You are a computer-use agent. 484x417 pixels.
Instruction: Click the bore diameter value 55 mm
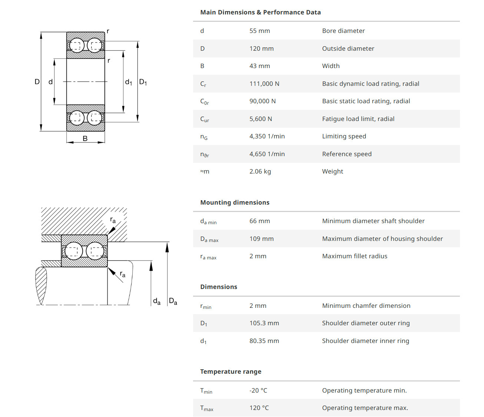tap(259, 31)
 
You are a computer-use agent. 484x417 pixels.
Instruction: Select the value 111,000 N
tap(264, 84)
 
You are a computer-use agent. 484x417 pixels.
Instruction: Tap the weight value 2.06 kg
tap(260, 171)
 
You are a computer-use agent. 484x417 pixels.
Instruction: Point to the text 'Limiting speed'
tap(344, 136)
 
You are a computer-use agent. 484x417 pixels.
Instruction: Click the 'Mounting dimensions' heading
tap(235, 202)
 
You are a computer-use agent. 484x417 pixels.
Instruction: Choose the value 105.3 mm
tap(264, 323)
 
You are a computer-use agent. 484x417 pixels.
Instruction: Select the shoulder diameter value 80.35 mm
tap(264, 341)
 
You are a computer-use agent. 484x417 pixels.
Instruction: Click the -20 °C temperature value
tap(258, 390)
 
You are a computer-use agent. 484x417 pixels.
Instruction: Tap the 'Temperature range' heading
tap(231, 371)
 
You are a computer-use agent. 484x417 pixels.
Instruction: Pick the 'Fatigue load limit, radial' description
tap(358, 119)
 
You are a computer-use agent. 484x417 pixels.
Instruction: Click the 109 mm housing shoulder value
tap(261, 239)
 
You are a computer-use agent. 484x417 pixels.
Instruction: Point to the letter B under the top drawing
tap(85, 138)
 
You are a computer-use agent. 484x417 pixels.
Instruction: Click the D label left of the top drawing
tap(37, 82)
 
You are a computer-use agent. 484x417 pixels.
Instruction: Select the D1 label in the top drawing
tap(143, 82)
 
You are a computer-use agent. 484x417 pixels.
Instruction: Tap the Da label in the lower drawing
tap(173, 301)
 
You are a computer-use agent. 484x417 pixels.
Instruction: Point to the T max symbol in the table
tap(206, 408)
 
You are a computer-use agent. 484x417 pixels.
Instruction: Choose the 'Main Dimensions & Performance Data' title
tap(260, 12)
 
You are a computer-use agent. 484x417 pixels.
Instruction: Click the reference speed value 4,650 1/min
tap(267, 154)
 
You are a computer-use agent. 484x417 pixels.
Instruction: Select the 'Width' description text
tap(331, 66)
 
